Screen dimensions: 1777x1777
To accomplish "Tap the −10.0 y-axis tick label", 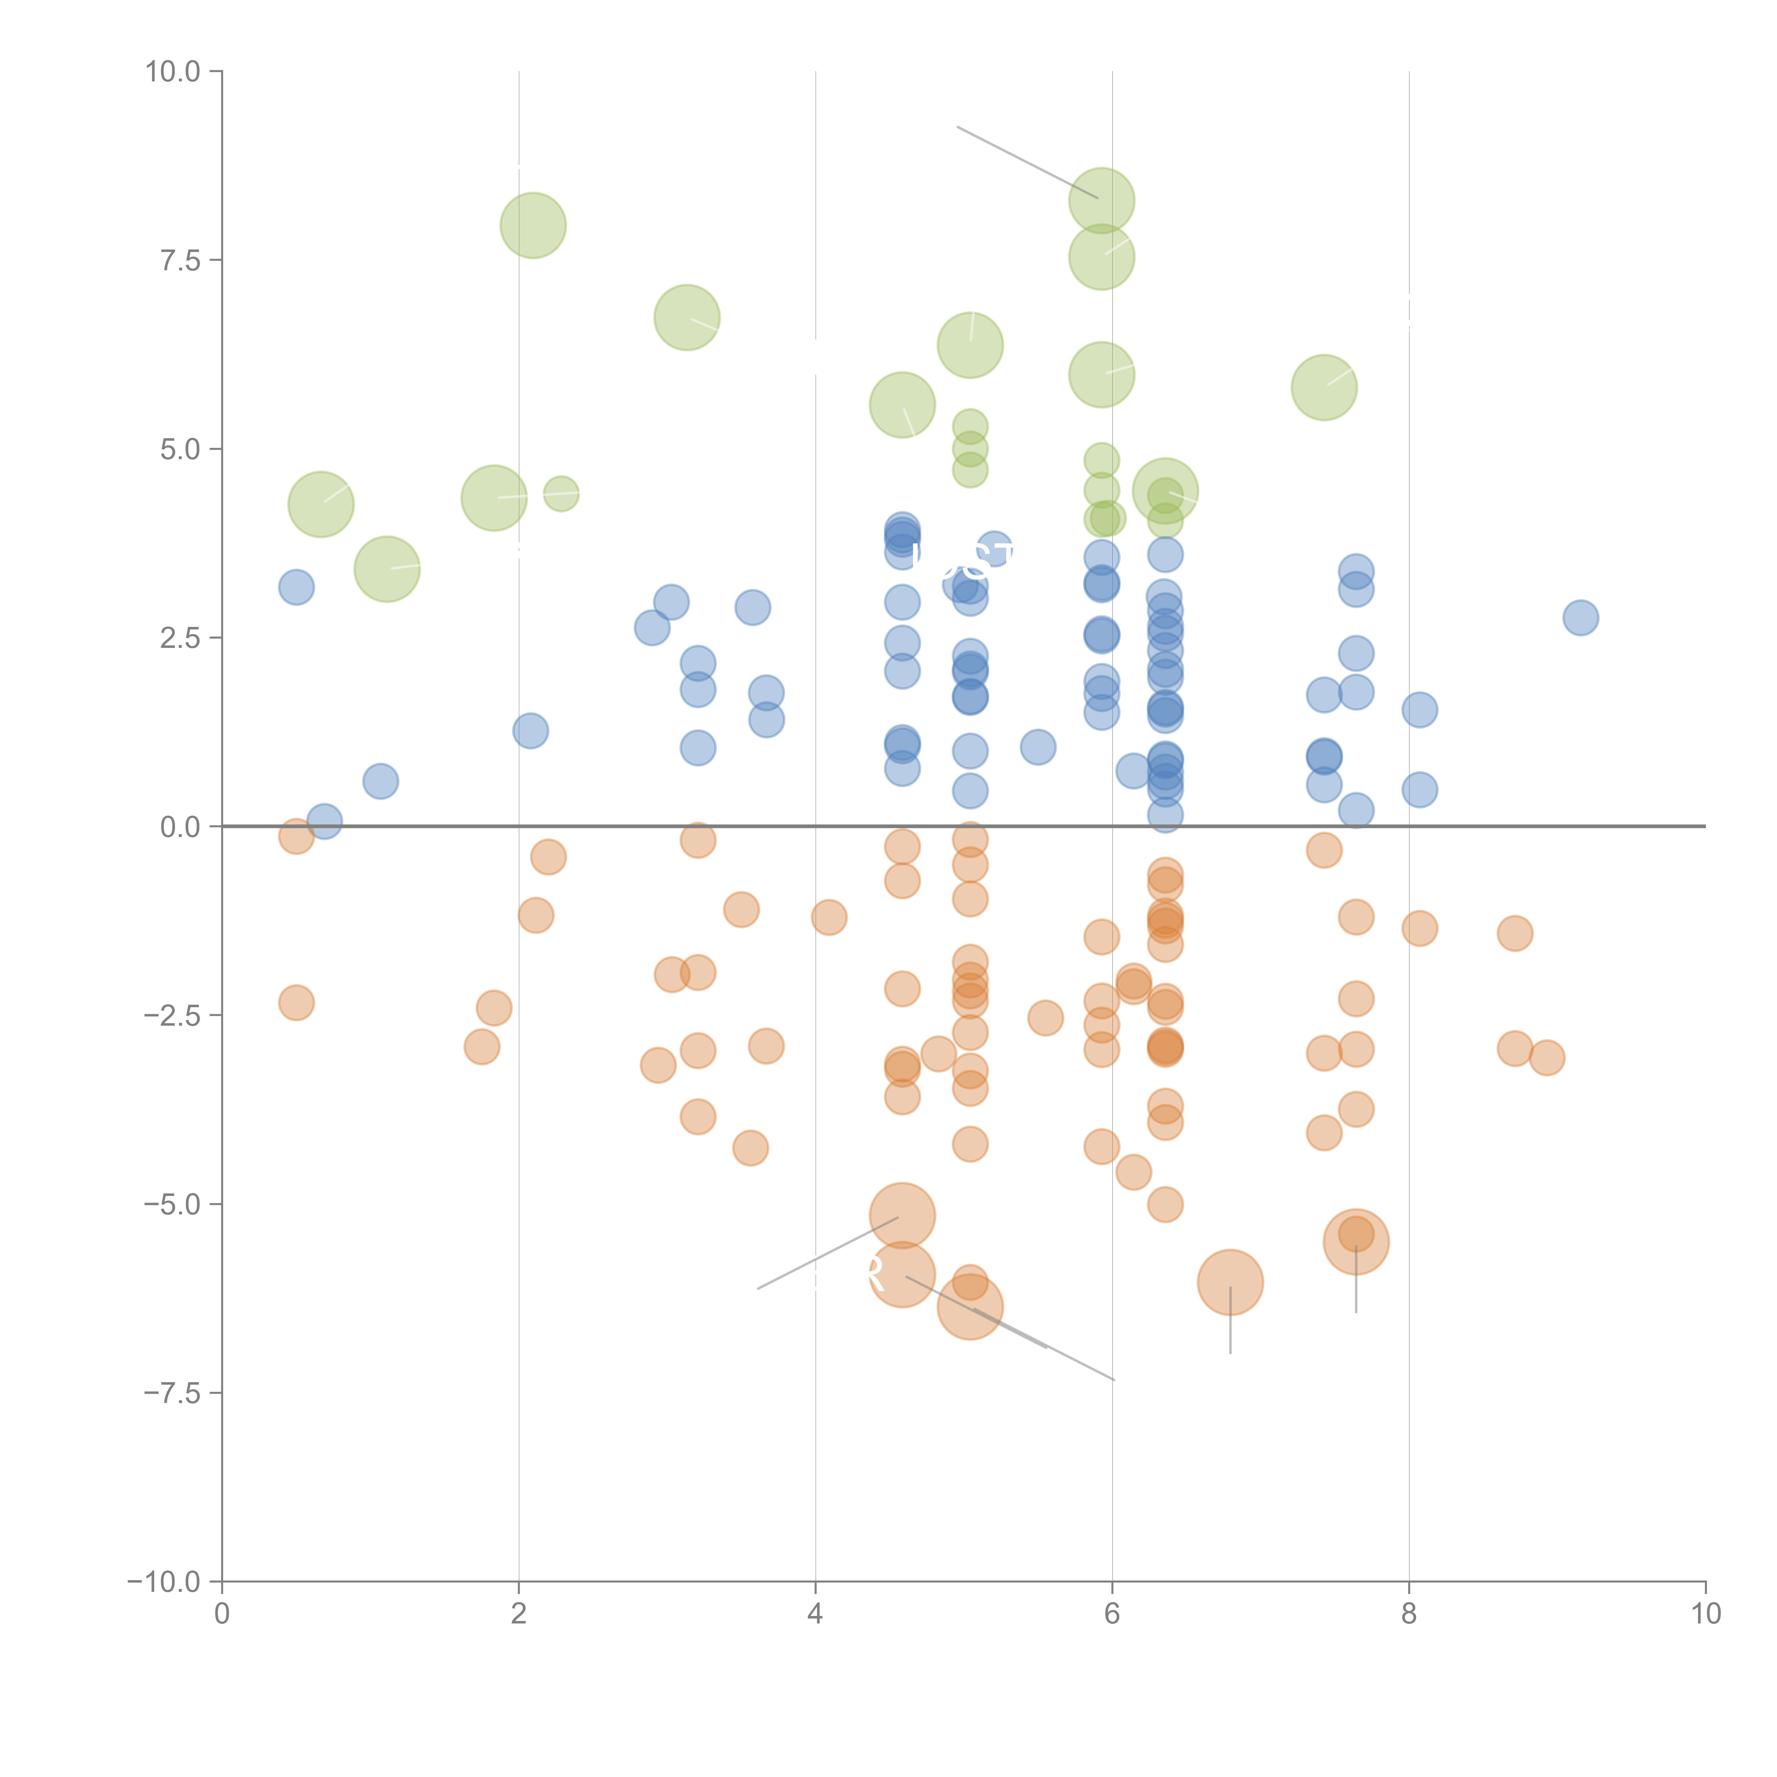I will coord(164,1582).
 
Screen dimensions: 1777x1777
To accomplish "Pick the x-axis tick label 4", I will coord(815,1614).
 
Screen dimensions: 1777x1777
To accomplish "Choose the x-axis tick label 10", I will coord(1705,1614).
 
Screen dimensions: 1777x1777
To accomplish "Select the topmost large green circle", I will coord(1101,200).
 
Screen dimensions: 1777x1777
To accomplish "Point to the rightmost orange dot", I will coord(1547,1058).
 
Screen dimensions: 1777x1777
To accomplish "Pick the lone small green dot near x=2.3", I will coord(561,494).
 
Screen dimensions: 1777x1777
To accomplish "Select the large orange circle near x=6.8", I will coord(1230,1282).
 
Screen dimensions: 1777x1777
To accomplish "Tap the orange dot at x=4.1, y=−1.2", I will coord(829,917).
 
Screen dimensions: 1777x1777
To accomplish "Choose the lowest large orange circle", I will coord(970,1307).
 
